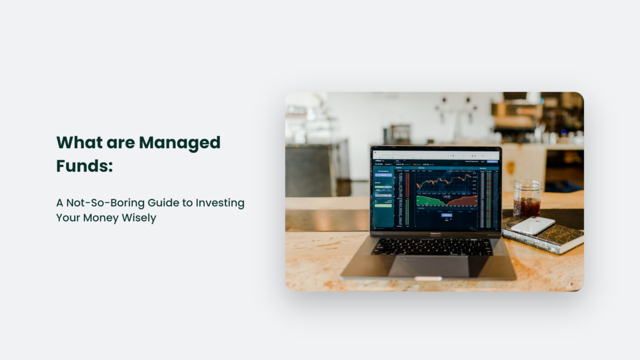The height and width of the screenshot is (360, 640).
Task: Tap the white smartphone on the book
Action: click(532, 225)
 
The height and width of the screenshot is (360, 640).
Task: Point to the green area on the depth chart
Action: click(429, 201)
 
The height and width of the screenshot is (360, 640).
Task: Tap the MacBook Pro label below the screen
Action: click(436, 234)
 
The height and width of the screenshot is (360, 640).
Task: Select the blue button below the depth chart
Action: click(446, 215)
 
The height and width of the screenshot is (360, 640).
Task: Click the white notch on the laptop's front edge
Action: click(428, 278)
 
